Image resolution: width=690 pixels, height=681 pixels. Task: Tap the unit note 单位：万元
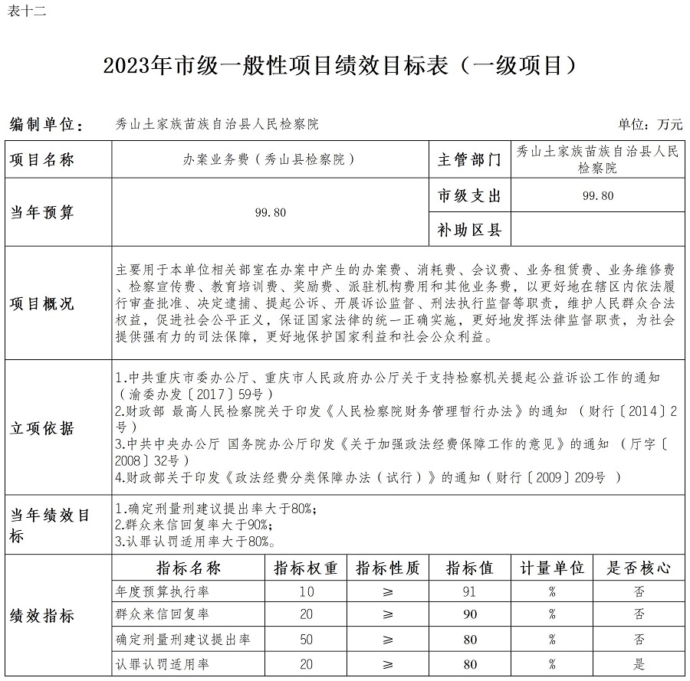(649, 124)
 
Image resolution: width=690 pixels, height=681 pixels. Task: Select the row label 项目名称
(42, 160)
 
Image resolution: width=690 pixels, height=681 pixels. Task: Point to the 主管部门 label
(469, 160)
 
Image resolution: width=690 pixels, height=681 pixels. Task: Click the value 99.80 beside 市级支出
(598, 195)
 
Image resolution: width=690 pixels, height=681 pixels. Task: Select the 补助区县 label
(469, 229)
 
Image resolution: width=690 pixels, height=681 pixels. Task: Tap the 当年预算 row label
(42, 212)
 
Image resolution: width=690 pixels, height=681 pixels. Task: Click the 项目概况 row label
(42, 304)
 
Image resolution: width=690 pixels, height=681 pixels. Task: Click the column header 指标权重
(306, 568)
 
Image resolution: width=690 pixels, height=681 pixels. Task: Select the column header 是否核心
(639, 568)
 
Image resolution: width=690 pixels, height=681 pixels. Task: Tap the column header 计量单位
(552, 568)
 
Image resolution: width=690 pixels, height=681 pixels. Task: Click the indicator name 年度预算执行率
(162, 591)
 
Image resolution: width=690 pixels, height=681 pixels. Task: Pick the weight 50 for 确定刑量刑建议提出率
(307, 639)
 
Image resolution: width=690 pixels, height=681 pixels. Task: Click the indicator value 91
(470, 591)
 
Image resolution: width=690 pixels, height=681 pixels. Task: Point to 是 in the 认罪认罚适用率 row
(639, 664)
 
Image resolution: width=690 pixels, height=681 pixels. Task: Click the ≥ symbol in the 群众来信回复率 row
(388, 614)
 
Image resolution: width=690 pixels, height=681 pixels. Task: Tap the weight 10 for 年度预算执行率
(307, 591)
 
